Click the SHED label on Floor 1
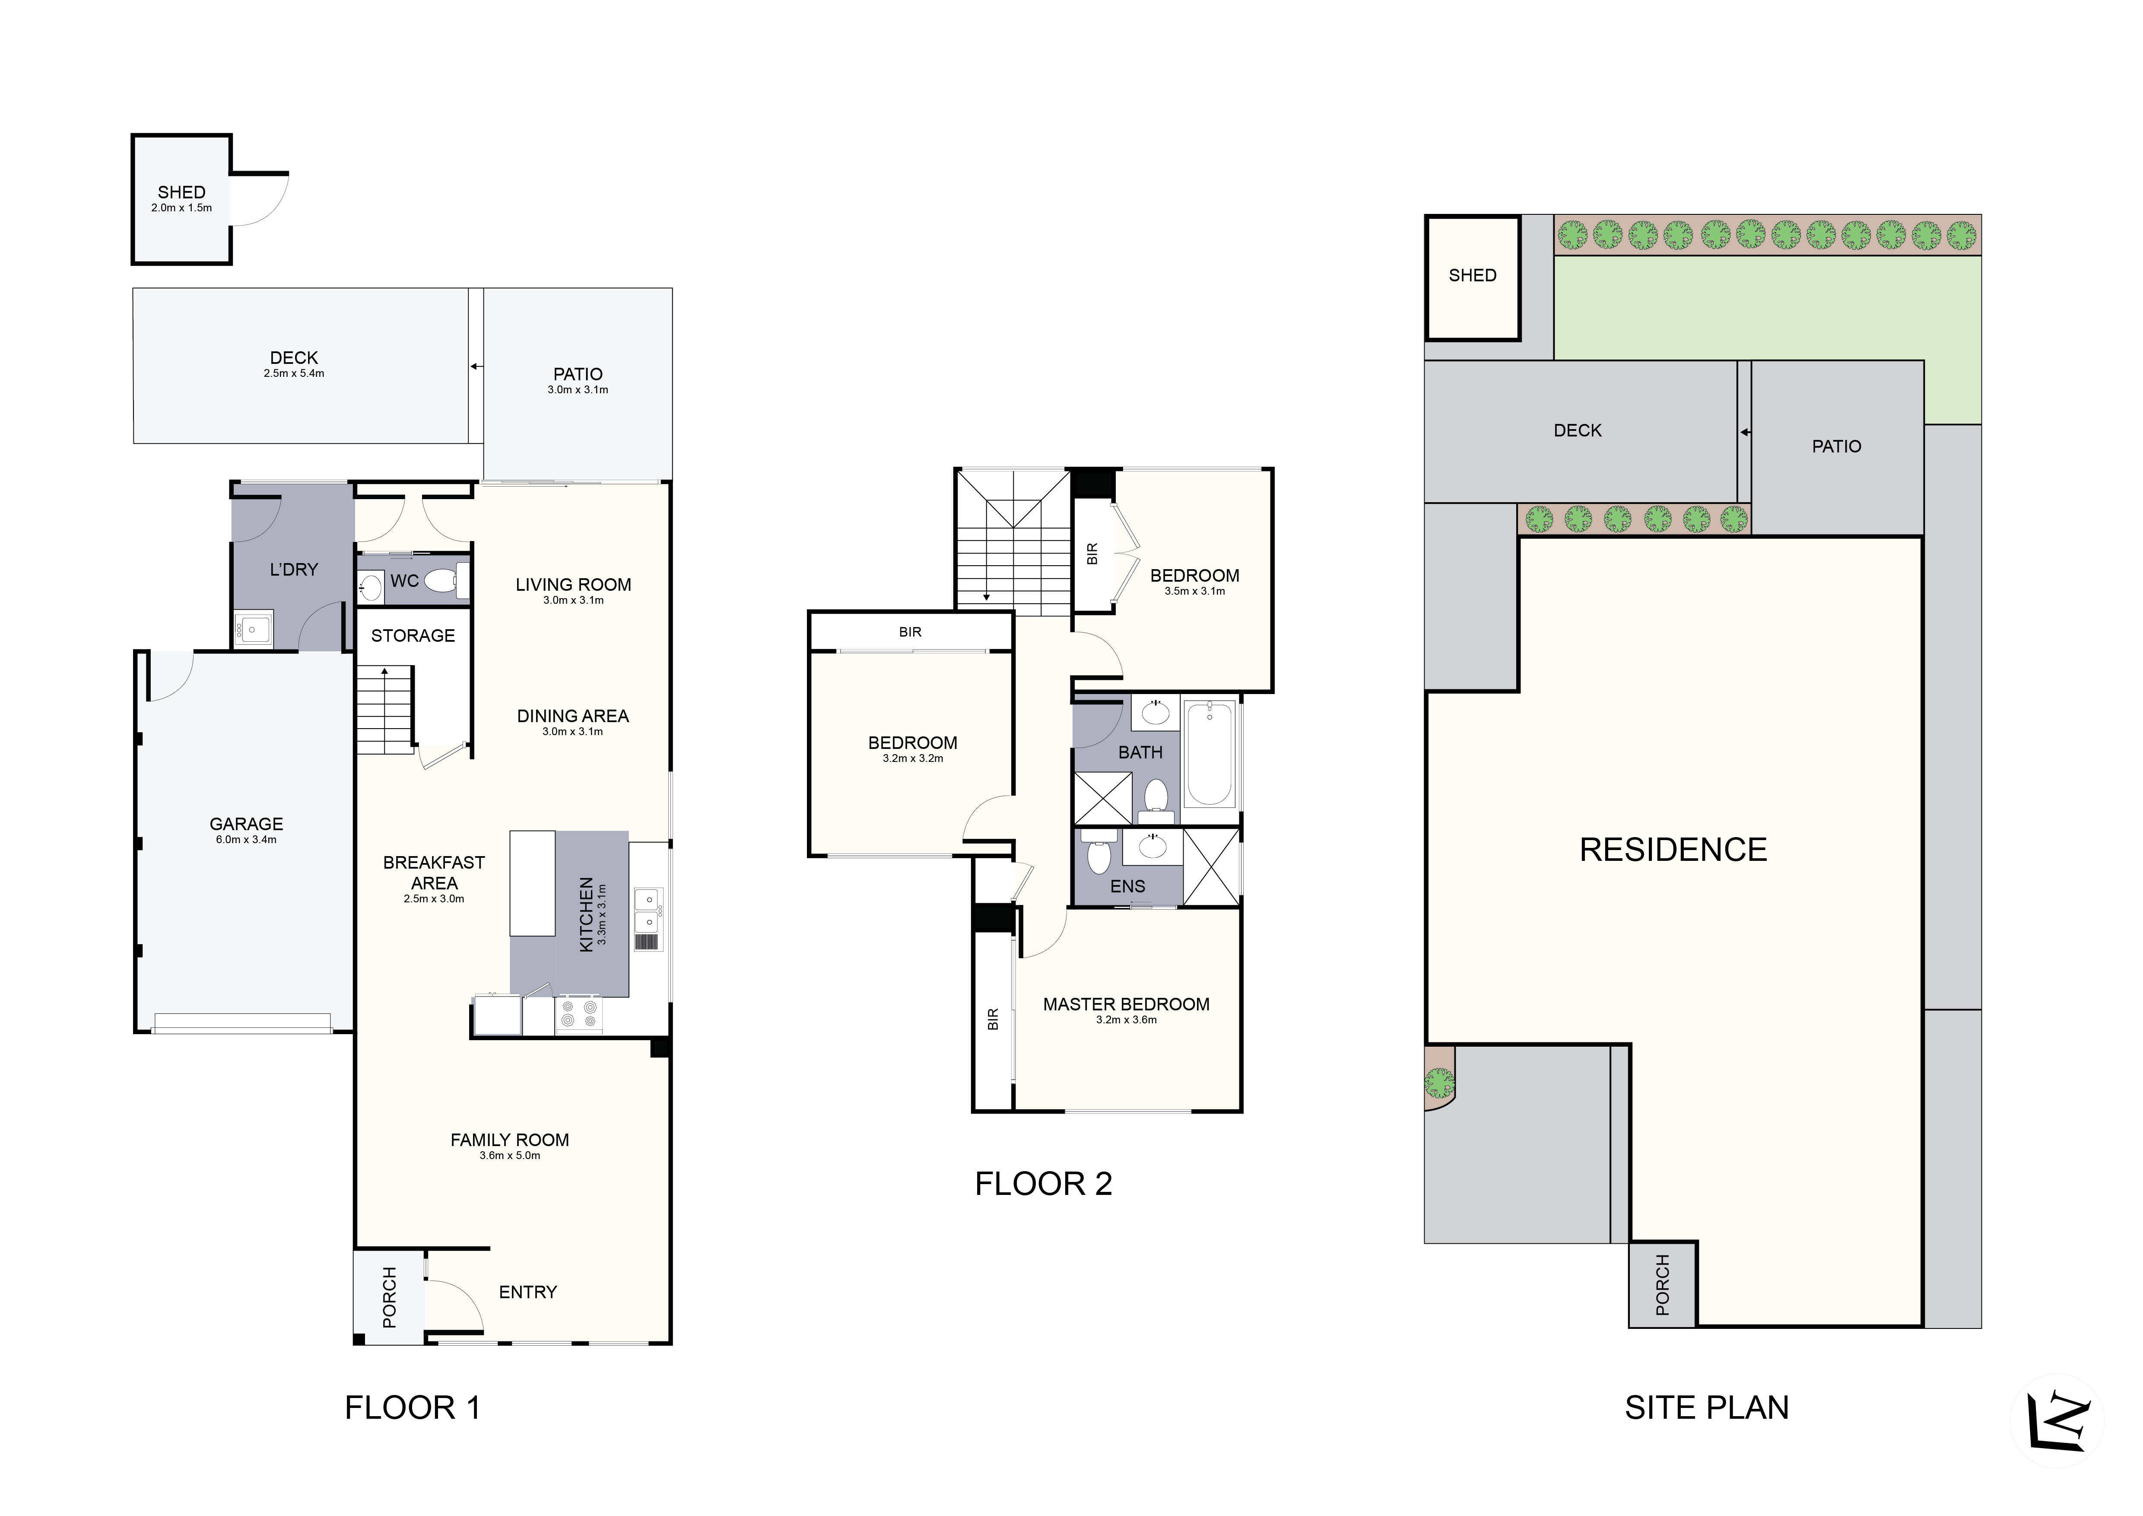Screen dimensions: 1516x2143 pos(181,192)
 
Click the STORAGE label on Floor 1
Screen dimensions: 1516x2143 pos(413,636)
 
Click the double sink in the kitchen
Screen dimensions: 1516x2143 pos(646,910)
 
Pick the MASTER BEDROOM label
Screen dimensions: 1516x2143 pos(1126,1004)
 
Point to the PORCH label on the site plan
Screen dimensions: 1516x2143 pos(1662,1285)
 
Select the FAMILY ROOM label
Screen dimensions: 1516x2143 pos(510,1140)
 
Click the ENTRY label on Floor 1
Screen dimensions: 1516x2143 pos(527,1292)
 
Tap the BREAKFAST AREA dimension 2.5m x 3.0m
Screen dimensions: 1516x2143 pos(434,899)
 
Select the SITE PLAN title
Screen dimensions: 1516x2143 pos(1706,1408)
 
